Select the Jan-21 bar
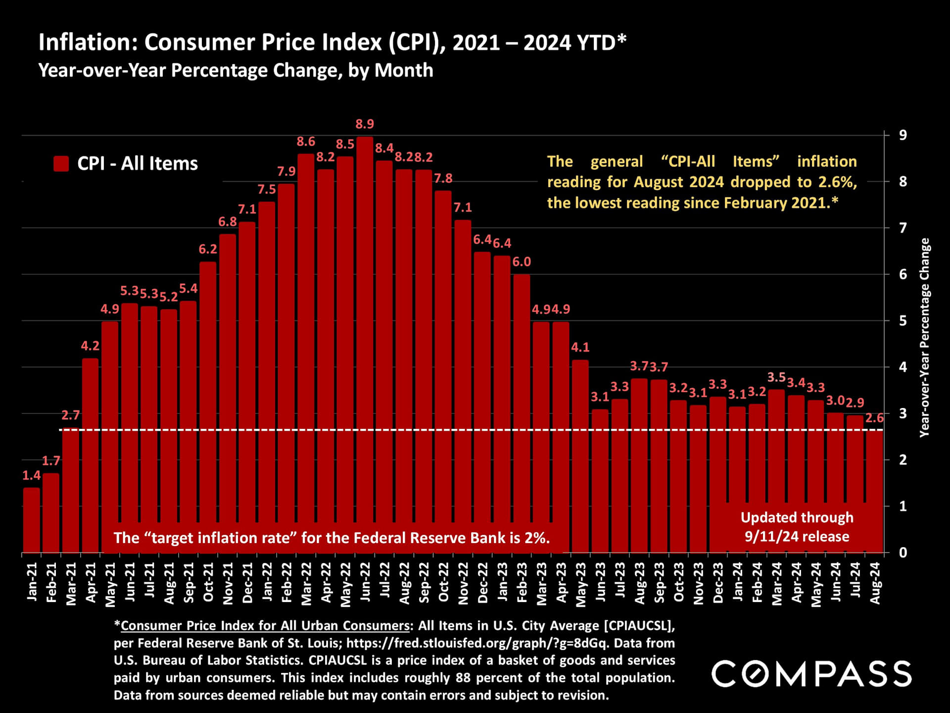pos(31,520)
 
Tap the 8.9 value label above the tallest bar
pos(365,124)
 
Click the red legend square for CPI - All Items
pos(61,164)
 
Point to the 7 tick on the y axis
pos(903,228)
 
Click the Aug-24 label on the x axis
pos(874,583)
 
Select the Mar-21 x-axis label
pos(71,584)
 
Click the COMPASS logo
pos(811,674)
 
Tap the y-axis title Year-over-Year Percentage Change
pos(924,337)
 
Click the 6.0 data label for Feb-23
pos(522,262)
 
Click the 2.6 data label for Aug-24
pos(874,418)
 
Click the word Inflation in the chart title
pos(87,43)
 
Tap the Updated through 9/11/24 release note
pos(797,527)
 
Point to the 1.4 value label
pos(31,476)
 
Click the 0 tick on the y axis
pos(903,553)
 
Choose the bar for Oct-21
pos(208,406)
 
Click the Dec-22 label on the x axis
pos(482,583)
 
